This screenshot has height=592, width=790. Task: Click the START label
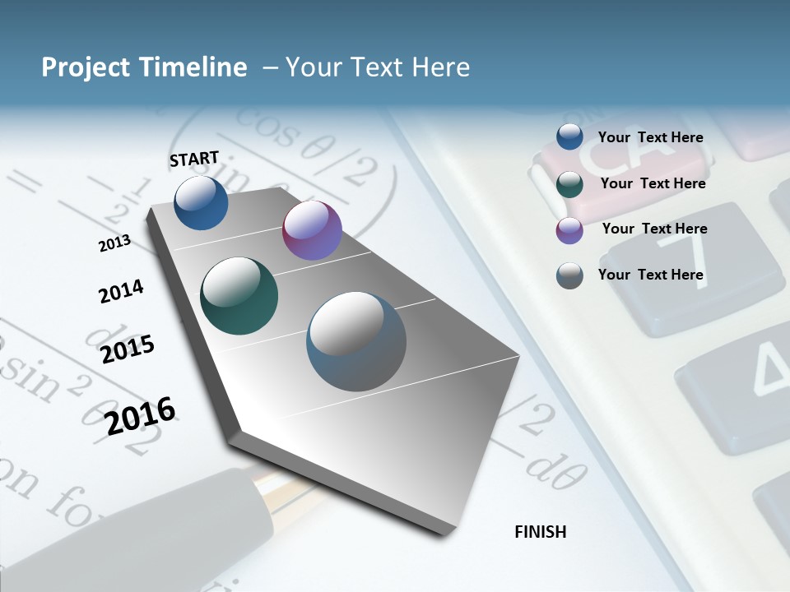pos(194,159)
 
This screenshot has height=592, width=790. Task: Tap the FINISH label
pos(540,532)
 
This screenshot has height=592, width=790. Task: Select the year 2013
pos(115,243)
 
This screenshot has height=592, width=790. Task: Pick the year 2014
pos(121,292)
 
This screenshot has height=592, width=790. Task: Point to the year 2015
pos(128,349)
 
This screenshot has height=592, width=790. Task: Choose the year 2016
pos(141,415)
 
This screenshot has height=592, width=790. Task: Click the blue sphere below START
pos(201,202)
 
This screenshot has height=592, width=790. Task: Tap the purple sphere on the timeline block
pos(312,230)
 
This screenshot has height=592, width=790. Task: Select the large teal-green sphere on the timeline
pos(239,295)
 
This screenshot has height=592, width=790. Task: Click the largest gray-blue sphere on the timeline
pos(356,341)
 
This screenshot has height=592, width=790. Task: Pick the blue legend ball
pos(569,137)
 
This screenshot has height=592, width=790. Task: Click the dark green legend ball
pos(569,184)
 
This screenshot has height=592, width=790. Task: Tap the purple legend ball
pos(569,230)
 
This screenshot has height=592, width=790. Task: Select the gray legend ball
pos(569,275)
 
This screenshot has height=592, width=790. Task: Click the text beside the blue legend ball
pos(650,137)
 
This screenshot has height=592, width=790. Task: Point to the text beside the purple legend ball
pos(654,229)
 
